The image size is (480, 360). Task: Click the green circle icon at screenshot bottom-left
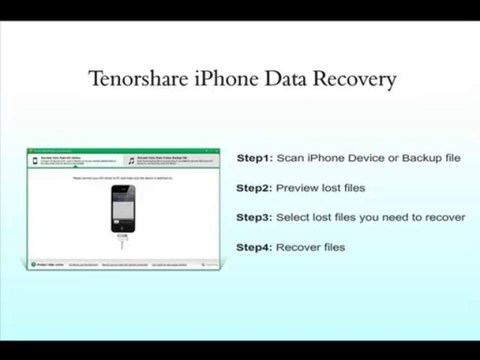tap(33, 265)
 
